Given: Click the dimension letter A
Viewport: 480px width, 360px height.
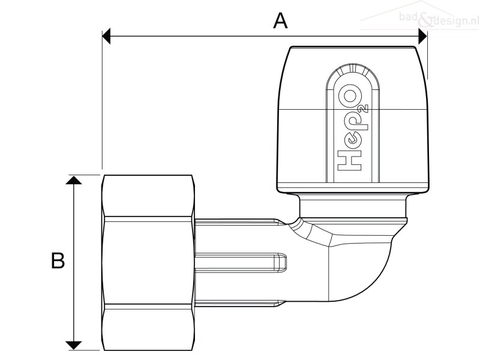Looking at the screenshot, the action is click(x=280, y=21).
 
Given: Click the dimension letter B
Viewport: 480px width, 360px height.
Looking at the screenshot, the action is click(x=58, y=260).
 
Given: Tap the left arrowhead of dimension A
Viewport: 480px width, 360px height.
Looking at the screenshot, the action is click(x=106, y=36).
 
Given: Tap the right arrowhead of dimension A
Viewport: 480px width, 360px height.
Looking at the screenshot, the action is click(x=423, y=37).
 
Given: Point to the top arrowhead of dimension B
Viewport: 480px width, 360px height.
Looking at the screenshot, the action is click(x=74, y=181).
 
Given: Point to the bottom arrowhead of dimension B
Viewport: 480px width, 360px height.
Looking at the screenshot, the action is click(x=74, y=346).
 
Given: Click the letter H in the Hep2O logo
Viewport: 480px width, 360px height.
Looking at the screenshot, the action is click(x=349, y=160).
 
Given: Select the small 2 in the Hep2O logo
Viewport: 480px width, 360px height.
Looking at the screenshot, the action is click(x=364, y=109).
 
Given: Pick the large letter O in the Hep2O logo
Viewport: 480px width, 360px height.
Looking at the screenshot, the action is click(x=350, y=96).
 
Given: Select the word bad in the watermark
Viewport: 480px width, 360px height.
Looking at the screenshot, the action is click(x=409, y=17).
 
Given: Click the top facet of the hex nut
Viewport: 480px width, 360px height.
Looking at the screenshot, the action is click(x=148, y=196).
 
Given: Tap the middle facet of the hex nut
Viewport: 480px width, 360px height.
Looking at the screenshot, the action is click(x=148, y=261).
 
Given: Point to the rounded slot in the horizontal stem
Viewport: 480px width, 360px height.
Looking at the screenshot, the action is click(x=241, y=263).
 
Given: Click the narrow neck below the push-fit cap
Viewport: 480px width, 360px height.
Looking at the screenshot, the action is click(x=353, y=206).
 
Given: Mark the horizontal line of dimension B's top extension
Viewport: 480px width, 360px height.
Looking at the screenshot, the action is click(x=85, y=175).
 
